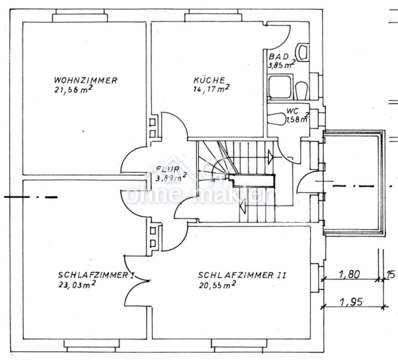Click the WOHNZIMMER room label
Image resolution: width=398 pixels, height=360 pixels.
point(86,80)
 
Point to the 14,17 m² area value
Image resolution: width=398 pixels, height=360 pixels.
point(210,89)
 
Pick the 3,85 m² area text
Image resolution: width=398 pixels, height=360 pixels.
point(281,64)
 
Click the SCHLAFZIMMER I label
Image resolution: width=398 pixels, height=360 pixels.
point(96,276)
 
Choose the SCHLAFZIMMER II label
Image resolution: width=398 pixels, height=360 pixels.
point(242,276)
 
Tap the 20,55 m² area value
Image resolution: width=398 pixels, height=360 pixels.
point(216,285)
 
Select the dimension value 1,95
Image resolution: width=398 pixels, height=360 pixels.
point(350,302)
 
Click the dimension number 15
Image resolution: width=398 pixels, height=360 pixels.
point(391,274)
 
